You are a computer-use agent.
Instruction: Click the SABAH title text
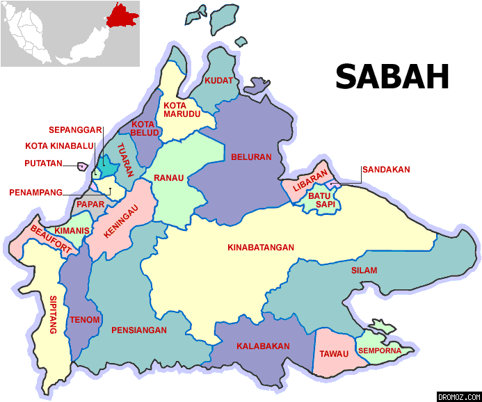click(x=392, y=77)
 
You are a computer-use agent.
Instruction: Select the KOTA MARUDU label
click(x=182, y=109)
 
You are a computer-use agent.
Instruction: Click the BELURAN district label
click(x=251, y=157)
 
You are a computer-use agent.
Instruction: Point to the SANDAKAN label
click(x=385, y=170)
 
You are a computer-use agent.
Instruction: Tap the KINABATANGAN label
click(x=261, y=248)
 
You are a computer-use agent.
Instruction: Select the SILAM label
click(x=364, y=271)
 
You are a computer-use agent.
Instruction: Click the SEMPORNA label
click(x=380, y=351)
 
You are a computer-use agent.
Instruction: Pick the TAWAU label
click(x=334, y=354)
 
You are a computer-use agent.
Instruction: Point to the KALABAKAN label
click(x=259, y=346)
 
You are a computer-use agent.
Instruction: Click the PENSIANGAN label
click(x=139, y=330)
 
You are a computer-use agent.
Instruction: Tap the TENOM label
click(x=85, y=320)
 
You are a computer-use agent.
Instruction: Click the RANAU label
click(x=169, y=177)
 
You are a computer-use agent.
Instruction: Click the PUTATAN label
click(x=42, y=164)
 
